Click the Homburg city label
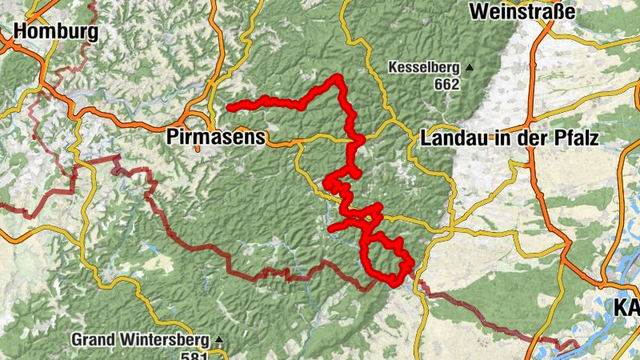point(56,32)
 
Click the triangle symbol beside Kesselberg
point(470,67)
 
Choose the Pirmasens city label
point(216,138)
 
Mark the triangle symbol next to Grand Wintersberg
point(218,339)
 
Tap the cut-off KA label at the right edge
point(626,307)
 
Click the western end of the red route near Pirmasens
point(229,107)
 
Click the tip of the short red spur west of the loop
point(331,230)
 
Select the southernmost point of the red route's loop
point(392,281)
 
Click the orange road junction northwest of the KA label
point(602,282)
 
